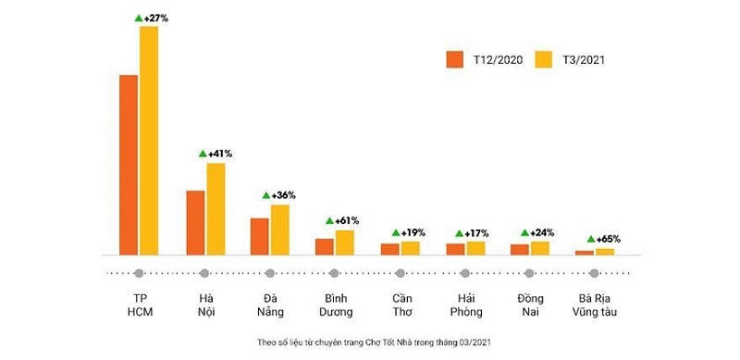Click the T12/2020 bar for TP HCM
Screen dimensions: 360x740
click(x=129, y=164)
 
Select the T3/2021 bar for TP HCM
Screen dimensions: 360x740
click(x=149, y=140)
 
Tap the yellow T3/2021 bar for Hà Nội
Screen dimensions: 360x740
click(x=216, y=208)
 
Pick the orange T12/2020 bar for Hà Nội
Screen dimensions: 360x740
click(x=195, y=222)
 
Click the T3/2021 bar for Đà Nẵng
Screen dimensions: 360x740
click(x=279, y=230)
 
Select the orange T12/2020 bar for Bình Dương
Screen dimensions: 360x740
click(x=324, y=246)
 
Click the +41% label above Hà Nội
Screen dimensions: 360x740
click(x=219, y=153)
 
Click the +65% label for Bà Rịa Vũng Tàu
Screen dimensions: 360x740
click(x=608, y=239)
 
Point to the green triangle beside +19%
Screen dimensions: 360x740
click(x=396, y=232)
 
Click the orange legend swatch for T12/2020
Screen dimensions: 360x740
click(x=454, y=60)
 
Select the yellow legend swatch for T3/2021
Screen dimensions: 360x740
click(x=545, y=60)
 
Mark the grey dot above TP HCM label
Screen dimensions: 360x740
click(x=139, y=273)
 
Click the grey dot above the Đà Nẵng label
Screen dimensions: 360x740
click(x=269, y=273)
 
